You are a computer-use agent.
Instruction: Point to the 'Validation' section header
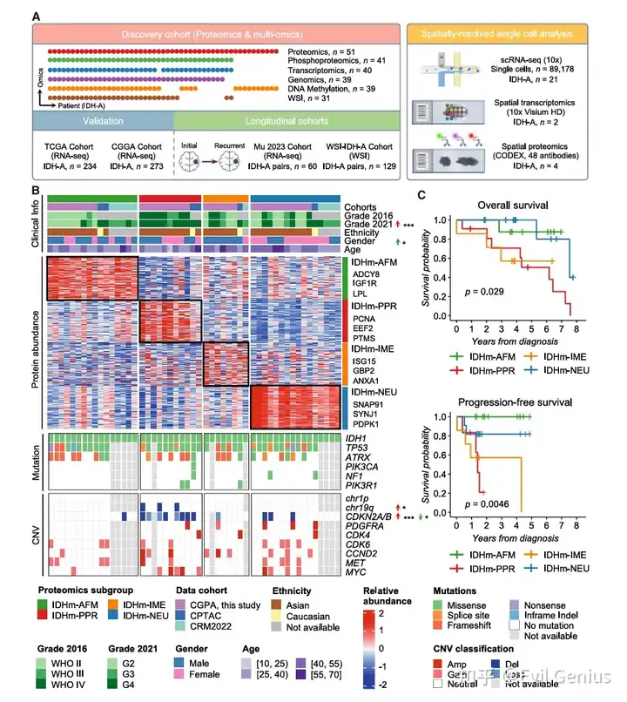[103, 123]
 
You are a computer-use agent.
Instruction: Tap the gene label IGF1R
[365, 284]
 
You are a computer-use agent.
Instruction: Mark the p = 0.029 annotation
[483, 290]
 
